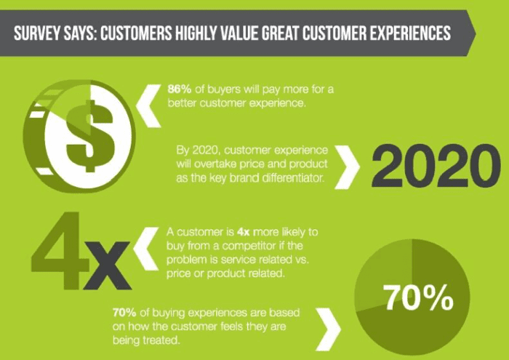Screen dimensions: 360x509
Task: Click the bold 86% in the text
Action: click(180, 89)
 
